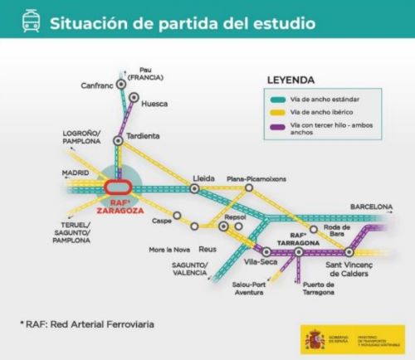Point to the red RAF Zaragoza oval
click(121, 187)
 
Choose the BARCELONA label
click(370, 206)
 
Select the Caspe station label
click(161, 221)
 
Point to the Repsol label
click(236, 216)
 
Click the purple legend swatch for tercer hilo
click(278, 127)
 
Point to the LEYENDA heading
click(290, 80)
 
